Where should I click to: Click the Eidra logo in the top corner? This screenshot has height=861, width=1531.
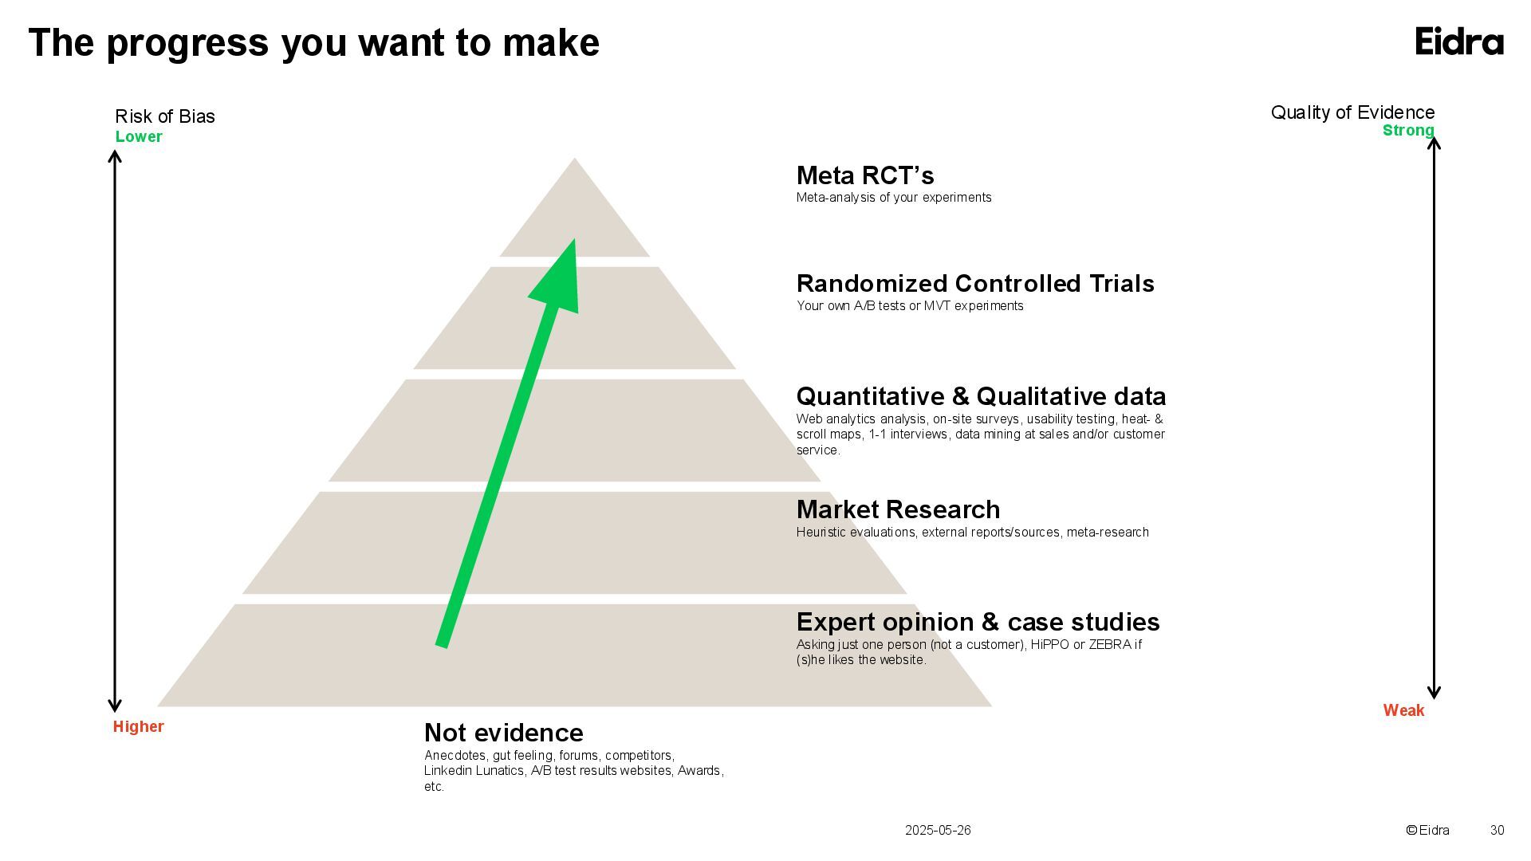[x=1459, y=41]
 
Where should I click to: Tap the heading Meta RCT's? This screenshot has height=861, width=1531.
[x=865, y=175]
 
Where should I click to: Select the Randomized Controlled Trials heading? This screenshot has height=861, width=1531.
[x=975, y=284]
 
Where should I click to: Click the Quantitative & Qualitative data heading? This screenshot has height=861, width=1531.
[x=981, y=396]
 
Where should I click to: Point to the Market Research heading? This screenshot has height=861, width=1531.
[x=898, y=509]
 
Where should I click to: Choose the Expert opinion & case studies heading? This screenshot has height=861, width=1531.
[x=978, y=622]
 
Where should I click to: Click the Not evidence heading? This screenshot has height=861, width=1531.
[x=503, y=733]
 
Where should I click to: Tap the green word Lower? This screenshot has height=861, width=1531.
[x=139, y=136]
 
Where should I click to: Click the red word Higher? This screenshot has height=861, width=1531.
[x=138, y=726]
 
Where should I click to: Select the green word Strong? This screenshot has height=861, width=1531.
[x=1408, y=131]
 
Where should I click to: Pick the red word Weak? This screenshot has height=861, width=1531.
[x=1403, y=710]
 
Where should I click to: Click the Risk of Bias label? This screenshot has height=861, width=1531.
[x=165, y=116]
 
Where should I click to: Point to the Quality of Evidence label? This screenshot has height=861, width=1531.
[x=1352, y=112]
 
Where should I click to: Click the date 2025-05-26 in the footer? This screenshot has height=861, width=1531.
[x=938, y=830]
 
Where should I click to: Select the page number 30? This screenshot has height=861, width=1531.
[x=1497, y=830]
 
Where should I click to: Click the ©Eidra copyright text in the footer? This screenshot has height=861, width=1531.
[x=1427, y=830]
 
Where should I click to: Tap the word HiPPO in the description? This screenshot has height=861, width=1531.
[x=1049, y=644]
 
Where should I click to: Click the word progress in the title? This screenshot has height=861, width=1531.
[x=187, y=43]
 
